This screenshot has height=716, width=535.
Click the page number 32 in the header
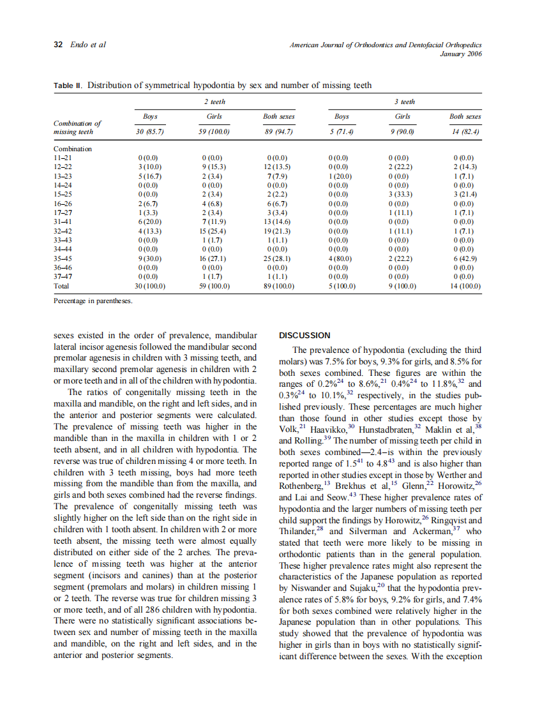click(57, 45)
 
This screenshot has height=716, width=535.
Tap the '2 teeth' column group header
click(215, 101)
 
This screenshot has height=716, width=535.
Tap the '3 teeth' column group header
click(404, 101)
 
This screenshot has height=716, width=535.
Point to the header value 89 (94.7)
click(278, 132)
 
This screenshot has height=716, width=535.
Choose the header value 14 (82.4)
click(465, 132)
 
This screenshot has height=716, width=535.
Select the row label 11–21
click(63, 157)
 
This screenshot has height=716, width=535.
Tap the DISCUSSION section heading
click(305, 336)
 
